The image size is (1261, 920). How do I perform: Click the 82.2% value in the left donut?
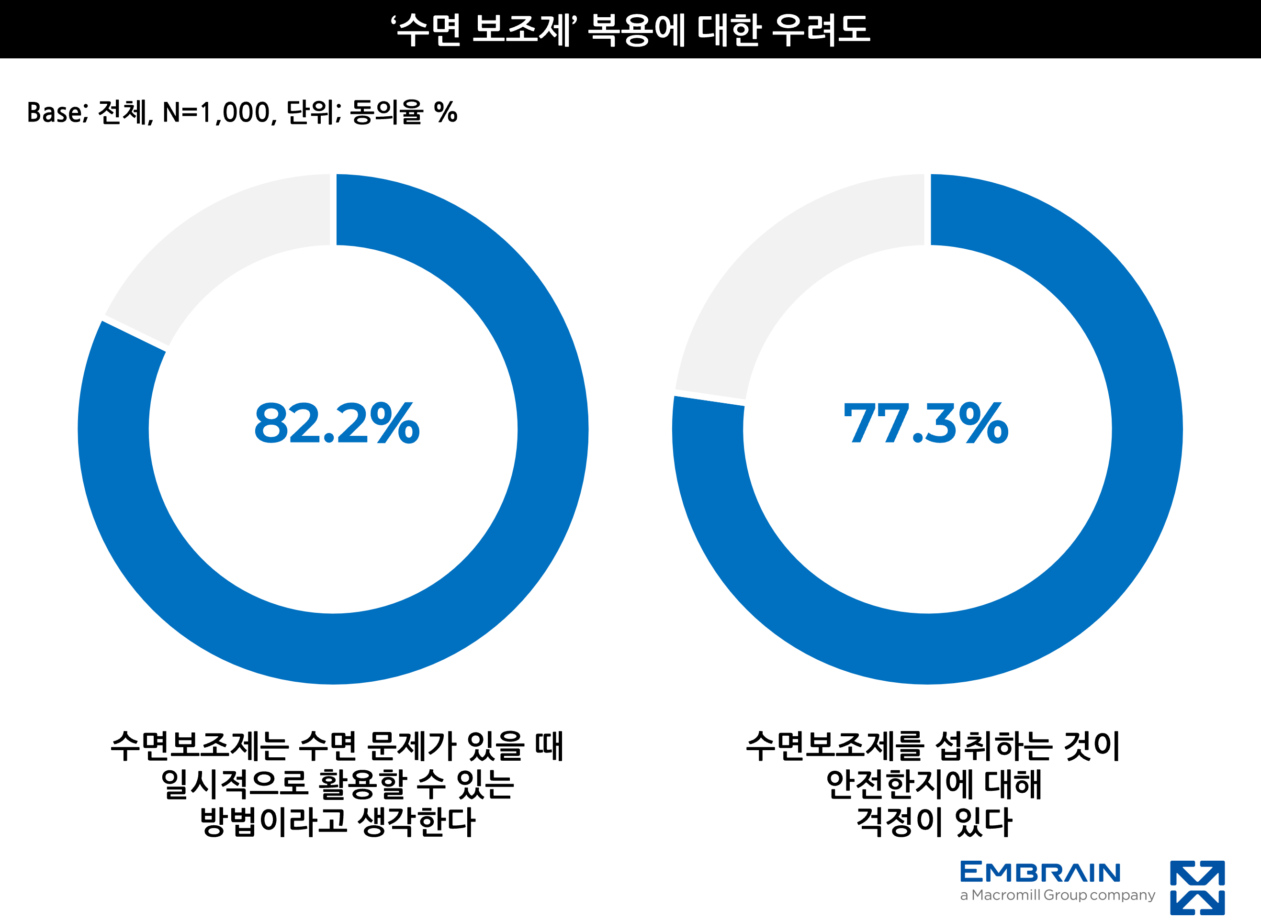coord(337,424)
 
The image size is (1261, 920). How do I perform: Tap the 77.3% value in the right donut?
coord(925,424)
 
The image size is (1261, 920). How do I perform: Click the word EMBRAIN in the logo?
coord(1040,873)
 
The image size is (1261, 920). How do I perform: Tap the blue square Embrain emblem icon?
coord(1197,887)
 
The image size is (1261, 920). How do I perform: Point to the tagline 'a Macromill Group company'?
coord(1057,895)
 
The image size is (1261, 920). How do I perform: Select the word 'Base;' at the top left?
coord(57,112)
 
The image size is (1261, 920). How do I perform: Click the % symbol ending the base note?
coord(446,112)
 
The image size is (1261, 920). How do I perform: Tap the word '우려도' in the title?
coord(820,29)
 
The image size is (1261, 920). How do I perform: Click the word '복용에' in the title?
coord(636,29)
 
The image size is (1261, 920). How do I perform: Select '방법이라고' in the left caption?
coord(273,821)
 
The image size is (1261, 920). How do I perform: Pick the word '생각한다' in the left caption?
coord(416,821)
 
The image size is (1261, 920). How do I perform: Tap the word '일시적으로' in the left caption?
coord(234,784)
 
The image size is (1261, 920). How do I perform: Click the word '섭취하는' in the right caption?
coord(994,746)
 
